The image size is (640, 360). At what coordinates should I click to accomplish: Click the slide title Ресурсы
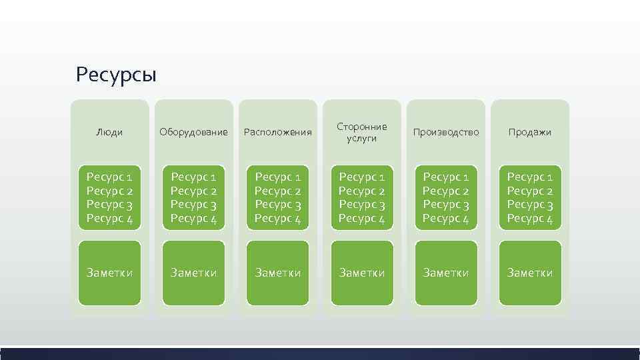pos(116,74)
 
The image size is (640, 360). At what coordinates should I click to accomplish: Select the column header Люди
pos(109,132)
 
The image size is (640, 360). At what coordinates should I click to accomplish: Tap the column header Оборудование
pos(193,132)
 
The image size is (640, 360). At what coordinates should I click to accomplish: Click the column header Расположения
pos(278,132)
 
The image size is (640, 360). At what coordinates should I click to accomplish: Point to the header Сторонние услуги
pos(362,132)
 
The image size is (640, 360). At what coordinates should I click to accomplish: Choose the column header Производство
pos(446,132)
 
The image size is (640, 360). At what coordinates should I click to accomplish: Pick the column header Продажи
pos(530,132)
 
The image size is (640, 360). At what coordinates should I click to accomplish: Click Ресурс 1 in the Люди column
pos(109,177)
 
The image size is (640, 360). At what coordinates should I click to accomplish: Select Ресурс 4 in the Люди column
pos(109,218)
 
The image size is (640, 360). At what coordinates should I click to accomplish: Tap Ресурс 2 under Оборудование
pos(193,191)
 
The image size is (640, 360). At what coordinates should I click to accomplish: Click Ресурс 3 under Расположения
pos(278,205)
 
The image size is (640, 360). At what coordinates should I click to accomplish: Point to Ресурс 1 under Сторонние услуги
pos(362,177)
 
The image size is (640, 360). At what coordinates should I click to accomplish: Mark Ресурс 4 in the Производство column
pos(446,218)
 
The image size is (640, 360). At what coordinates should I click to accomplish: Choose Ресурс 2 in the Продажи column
pos(530,191)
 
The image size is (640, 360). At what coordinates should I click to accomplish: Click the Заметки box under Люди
pos(109,273)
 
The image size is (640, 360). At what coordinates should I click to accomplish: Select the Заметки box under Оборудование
pos(193,273)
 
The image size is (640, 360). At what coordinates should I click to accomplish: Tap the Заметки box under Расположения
pos(278,273)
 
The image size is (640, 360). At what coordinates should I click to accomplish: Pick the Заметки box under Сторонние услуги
pos(362,273)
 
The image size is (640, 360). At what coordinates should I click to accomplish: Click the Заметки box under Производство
pos(446,273)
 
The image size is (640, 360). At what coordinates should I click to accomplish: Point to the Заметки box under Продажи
pos(530,273)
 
